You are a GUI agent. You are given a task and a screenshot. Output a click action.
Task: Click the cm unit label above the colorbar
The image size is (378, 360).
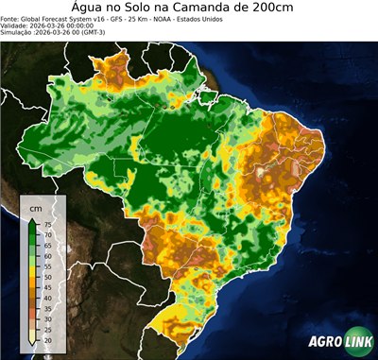pyautogui.click(x=37, y=207)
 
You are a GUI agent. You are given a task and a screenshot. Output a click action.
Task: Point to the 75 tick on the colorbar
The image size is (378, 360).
pyautogui.click(x=46, y=224)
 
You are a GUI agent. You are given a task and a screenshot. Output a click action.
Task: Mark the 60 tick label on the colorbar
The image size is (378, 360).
pyautogui.click(x=46, y=256)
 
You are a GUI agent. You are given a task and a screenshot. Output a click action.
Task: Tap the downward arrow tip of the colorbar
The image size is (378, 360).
pyautogui.click(x=33, y=346)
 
